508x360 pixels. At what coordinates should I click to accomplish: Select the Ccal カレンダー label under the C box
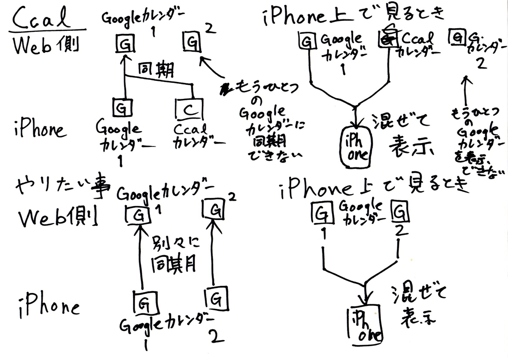[195, 136]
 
